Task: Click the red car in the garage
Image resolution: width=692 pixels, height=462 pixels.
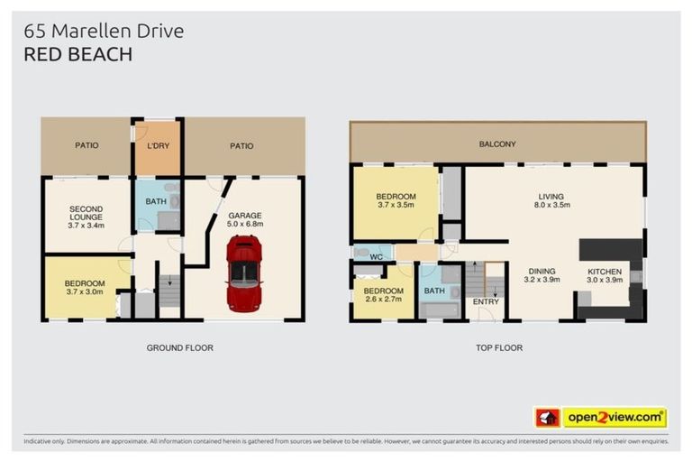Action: pos(244,272)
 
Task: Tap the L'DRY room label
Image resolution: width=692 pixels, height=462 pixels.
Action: pos(158,145)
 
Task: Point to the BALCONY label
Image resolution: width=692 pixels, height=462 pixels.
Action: pos(497,143)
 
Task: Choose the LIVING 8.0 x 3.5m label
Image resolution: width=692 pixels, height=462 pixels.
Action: pos(554,200)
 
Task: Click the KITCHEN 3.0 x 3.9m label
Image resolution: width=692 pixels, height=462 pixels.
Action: pos(605,276)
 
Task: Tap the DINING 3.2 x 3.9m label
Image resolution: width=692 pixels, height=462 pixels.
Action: pos(541,276)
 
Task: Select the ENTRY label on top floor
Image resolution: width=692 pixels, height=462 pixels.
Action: pos(485,301)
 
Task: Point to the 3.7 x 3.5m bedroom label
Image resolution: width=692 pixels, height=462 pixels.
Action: pos(396,201)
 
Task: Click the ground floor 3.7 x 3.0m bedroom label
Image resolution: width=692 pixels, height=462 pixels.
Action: pos(85,287)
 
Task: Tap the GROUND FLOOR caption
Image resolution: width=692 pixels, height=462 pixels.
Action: pos(179,347)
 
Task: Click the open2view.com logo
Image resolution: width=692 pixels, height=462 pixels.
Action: pos(615,418)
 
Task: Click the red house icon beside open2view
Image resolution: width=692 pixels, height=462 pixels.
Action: pos(547,418)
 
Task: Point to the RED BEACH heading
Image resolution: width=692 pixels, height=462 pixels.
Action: pos(77,54)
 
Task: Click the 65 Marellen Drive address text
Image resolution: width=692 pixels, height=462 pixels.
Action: pos(104,31)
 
